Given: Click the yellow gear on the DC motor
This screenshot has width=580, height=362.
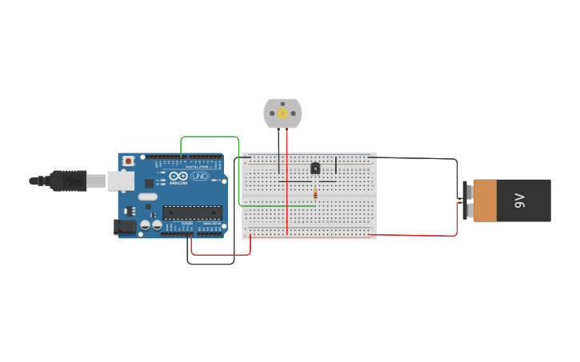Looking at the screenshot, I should (282, 113).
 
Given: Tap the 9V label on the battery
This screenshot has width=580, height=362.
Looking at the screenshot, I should (519, 200).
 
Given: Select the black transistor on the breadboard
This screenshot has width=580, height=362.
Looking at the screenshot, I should (315, 168).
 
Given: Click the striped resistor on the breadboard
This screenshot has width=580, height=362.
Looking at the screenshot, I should (315, 193).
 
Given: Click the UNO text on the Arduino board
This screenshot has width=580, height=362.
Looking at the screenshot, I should (199, 176).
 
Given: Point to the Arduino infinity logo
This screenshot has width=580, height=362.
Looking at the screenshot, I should (178, 176).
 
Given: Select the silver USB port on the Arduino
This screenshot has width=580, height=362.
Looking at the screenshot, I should (120, 181).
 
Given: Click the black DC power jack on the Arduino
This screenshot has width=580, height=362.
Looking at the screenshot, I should (125, 227).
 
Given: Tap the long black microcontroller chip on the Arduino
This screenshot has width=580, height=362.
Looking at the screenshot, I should (192, 213).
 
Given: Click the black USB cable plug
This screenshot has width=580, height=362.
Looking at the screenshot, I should (68, 181).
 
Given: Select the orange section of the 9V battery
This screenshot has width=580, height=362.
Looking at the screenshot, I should (485, 200).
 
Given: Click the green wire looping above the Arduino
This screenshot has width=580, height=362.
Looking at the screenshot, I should (210, 137).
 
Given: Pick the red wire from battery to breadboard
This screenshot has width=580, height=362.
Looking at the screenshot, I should (416, 235).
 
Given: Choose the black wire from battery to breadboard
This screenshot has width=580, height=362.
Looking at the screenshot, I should (416, 158).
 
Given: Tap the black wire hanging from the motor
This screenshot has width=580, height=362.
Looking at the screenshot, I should (278, 152).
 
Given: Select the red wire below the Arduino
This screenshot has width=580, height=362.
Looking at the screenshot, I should (221, 254).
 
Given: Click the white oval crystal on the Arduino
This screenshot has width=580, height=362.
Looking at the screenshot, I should (148, 197).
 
